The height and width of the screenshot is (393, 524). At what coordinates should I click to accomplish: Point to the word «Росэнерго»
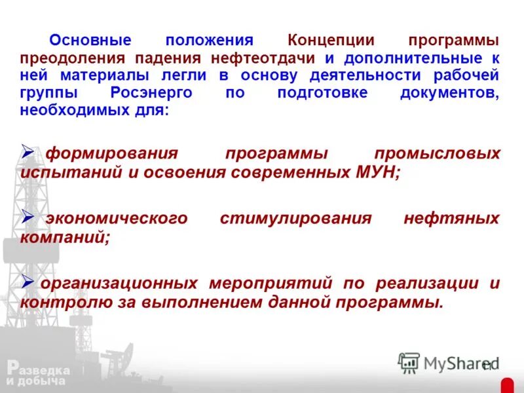coord(152,92)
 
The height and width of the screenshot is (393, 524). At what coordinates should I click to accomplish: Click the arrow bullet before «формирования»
coord(28,152)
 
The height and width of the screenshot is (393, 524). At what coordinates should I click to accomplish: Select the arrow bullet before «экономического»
coord(28,215)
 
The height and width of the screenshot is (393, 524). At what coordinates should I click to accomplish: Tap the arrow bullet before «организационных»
coord(28,281)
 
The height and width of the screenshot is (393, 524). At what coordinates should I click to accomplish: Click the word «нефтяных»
coord(451,218)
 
